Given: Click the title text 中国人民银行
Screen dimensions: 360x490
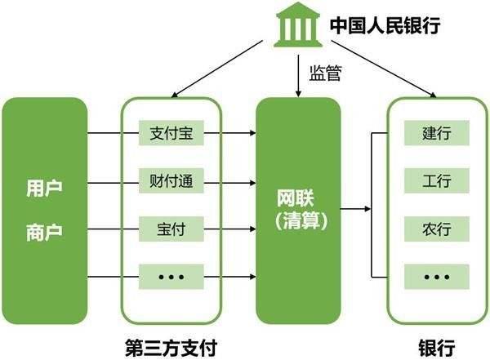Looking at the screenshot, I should click(384, 26).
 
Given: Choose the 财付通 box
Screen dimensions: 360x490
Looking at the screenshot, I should click(171, 180).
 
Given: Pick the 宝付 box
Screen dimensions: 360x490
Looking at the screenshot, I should click(171, 229).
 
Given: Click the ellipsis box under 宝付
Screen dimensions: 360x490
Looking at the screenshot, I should click(171, 277).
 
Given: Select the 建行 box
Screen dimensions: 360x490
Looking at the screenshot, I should click(437, 132).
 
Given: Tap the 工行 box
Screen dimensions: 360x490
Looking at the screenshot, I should click(437, 180).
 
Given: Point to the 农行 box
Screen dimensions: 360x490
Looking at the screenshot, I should click(437, 229).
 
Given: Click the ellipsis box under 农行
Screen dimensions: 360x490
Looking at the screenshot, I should click(437, 277).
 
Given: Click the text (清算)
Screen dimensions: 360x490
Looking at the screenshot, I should click(297, 220).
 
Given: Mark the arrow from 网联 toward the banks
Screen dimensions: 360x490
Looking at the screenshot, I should click(354, 210).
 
